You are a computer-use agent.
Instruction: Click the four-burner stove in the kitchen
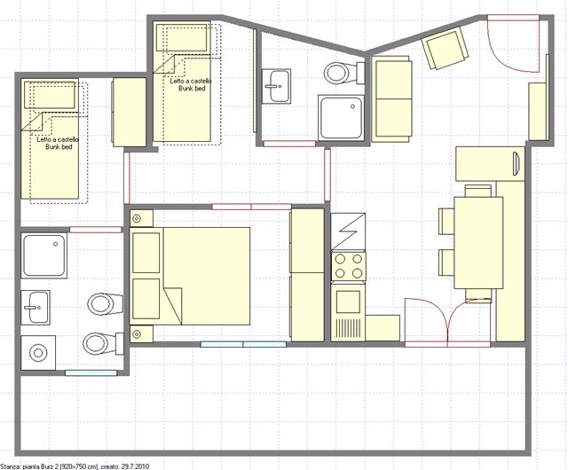click(348, 266)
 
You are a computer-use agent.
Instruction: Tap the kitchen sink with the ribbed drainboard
click(348, 312)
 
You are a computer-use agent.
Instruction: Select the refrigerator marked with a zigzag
click(348, 231)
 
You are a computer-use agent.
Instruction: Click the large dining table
click(478, 243)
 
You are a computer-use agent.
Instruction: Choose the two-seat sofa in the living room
click(392, 98)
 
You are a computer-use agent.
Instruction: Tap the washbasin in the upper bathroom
click(276, 86)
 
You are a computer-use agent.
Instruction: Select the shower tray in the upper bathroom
click(341, 117)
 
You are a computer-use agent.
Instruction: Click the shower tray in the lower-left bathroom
click(44, 255)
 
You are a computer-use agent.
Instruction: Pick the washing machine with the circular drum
click(38, 353)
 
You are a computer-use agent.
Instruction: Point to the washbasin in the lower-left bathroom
click(35, 308)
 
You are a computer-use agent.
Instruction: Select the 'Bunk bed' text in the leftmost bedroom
click(59, 146)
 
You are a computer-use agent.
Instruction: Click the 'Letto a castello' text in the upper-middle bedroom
click(191, 81)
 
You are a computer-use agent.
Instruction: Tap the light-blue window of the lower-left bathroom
click(91, 372)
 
